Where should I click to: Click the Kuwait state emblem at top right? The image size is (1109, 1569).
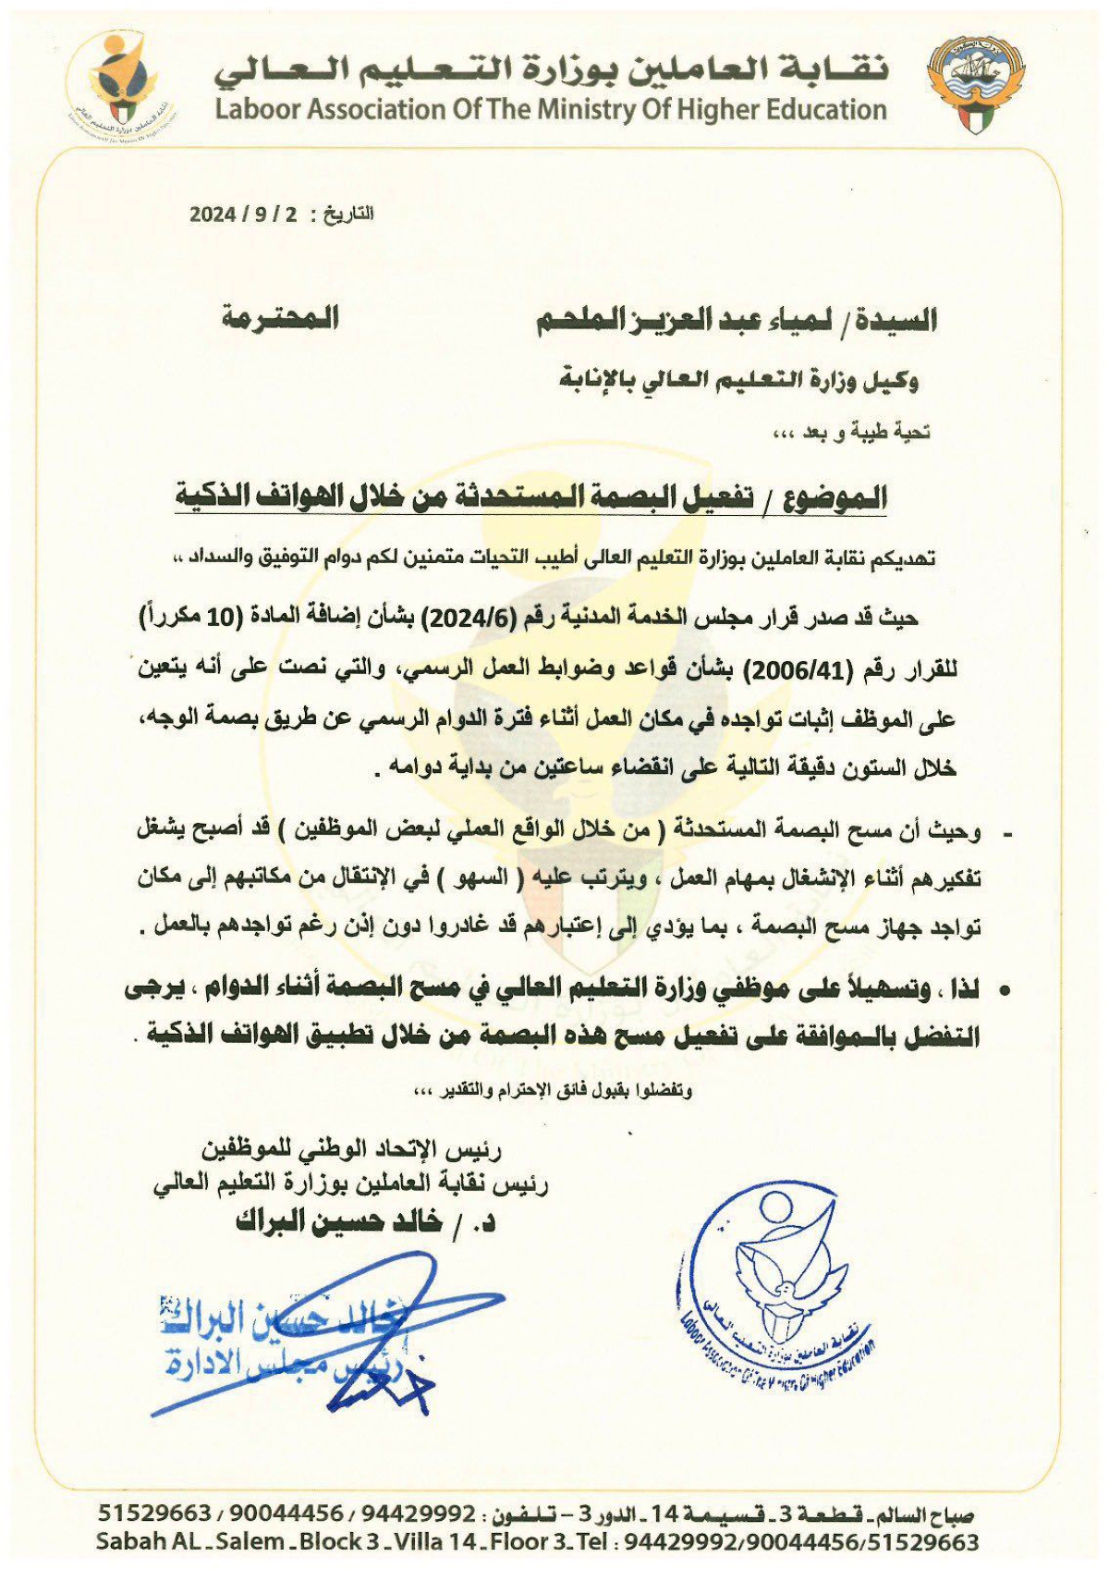[x=978, y=84]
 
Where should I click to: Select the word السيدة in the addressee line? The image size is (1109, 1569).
[x=893, y=320]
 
